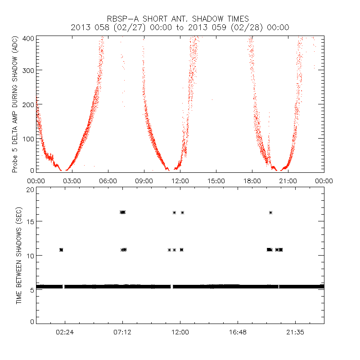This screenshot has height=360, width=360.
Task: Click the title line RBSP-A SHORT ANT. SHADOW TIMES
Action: pyautogui.click(x=180, y=19)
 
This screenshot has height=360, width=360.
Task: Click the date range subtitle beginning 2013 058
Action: pyautogui.click(x=180, y=27)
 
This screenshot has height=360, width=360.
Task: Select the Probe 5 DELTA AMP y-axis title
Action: pyautogui.click(x=15, y=104)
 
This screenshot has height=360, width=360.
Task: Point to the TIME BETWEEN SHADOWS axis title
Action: pyautogui.click(x=19, y=256)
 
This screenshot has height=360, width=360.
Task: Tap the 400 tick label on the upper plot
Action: pyautogui.click(x=28, y=38)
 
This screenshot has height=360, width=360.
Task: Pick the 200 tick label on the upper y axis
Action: pyautogui.click(x=28, y=104)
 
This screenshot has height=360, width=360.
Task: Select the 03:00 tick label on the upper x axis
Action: pyautogui.click(x=72, y=181)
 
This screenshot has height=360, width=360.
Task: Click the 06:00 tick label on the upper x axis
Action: pyautogui.click(x=108, y=181)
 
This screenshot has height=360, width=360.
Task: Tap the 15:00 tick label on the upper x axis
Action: pyautogui.click(x=216, y=181)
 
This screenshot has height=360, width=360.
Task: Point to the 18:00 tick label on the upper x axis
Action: pyautogui.click(x=252, y=181)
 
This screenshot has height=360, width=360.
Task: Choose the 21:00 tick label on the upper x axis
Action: pyautogui.click(x=288, y=181)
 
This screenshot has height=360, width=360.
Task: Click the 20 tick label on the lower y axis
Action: pyautogui.click(x=30, y=189)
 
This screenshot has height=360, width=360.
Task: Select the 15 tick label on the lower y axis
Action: pyautogui.click(x=30, y=221)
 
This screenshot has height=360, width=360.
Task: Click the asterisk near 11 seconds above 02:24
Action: pyautogui.click(x=61, y=249)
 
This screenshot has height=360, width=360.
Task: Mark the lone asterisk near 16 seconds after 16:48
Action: pyautogui.click(x=270, y=212)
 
